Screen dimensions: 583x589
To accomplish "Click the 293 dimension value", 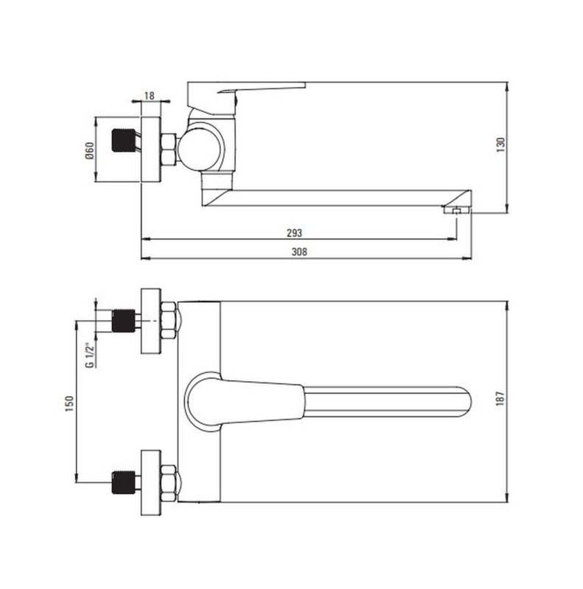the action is pyautogui.click(x=294, y=233).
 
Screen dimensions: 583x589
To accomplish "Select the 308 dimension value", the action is pyautogui.click(x=299, y=252).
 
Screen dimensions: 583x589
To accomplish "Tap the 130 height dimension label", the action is pyautogui.click(x=501, y=144).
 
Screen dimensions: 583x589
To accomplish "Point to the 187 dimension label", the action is pyautogui.click(x=501, y=398).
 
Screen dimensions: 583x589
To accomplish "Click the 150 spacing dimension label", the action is pyautogui.click(x=70, y=403).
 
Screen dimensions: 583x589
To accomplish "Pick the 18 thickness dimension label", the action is pyautogui.click(x=149, y=96).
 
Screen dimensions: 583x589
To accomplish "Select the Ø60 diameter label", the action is pyautogui.click(x=89, y=150).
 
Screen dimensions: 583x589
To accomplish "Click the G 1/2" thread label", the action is pyautogui.click(x=89, y=356).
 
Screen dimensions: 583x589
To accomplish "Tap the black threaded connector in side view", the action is pyautogui.click(x=123, y=140).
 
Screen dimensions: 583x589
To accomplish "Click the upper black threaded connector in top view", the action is pyautogui.click(x=123, y=321).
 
